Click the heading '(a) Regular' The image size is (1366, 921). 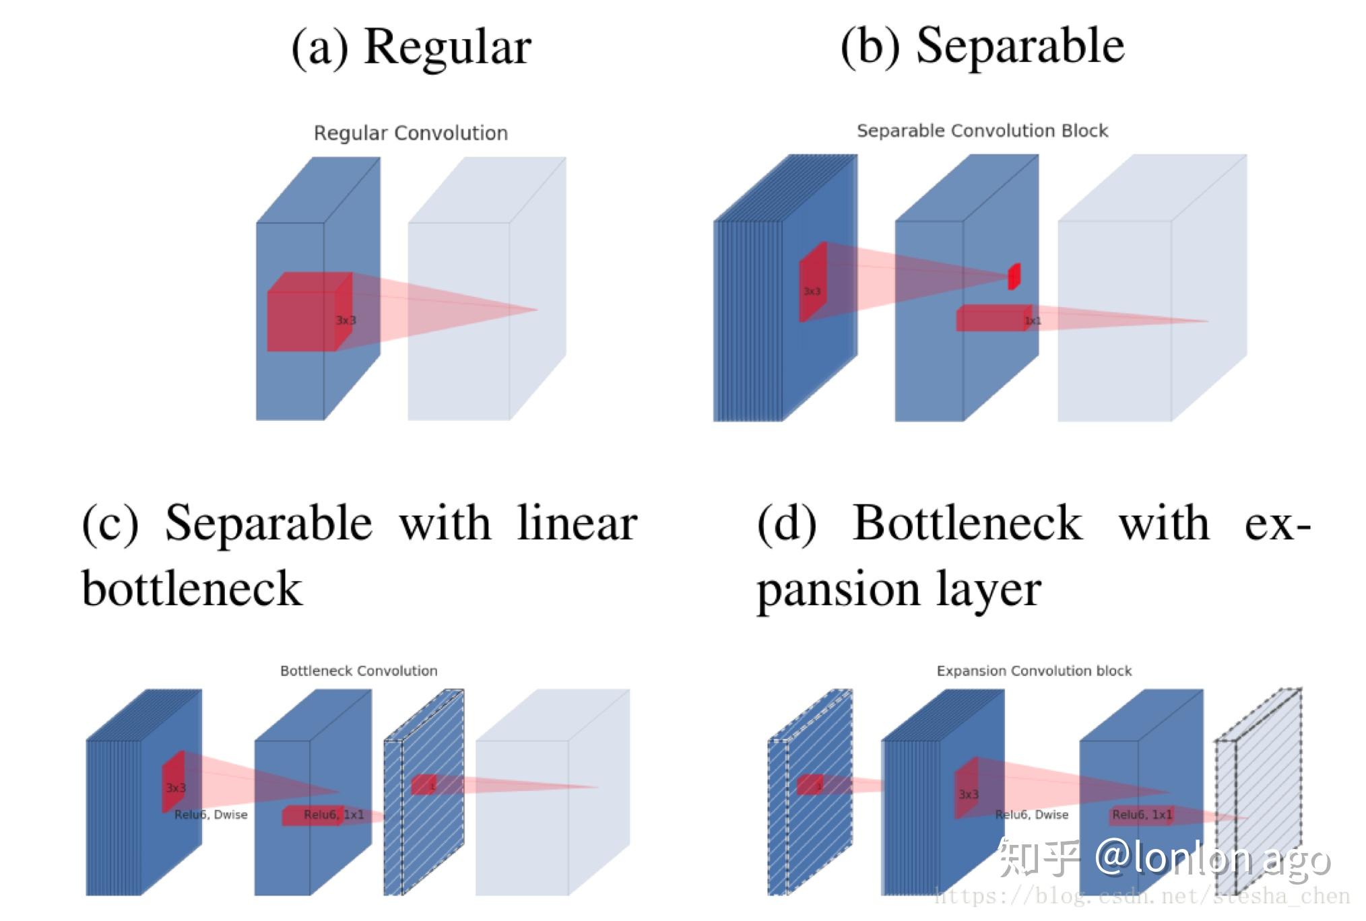coord(411,47)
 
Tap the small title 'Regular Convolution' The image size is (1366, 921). coord(410,133)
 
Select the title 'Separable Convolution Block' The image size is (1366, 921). coord(981,131)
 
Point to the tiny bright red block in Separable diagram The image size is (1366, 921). coord(1014,276)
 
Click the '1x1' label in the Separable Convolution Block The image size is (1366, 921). coord(1032,320)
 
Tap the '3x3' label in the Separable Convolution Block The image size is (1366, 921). coord(812,291)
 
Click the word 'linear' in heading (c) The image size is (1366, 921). coord(577,524)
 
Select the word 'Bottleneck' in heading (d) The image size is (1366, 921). coord(967,524)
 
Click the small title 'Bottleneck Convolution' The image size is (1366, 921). coord(358,671)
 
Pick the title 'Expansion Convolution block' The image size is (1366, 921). coord(1033,671)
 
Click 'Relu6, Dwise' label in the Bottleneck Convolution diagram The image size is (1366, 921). coord(211,815)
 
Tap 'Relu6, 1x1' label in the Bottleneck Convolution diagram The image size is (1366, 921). coord(333,815)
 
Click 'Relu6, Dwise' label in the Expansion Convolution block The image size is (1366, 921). coord(1031,815)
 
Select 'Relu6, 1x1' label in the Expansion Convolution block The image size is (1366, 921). coord(1142,815)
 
